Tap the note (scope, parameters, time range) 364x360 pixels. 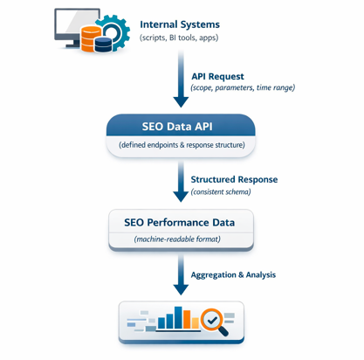tap(243, 88)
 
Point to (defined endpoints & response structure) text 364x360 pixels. tap(181, 144)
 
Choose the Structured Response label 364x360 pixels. tap(234, 179)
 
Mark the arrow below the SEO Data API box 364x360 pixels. tap(181, 183)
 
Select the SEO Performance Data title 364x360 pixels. tap(181, 222)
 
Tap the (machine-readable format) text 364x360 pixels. tap(181, 239)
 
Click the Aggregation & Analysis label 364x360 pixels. tap(234, 274)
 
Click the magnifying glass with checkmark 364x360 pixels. tap(212, 322)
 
